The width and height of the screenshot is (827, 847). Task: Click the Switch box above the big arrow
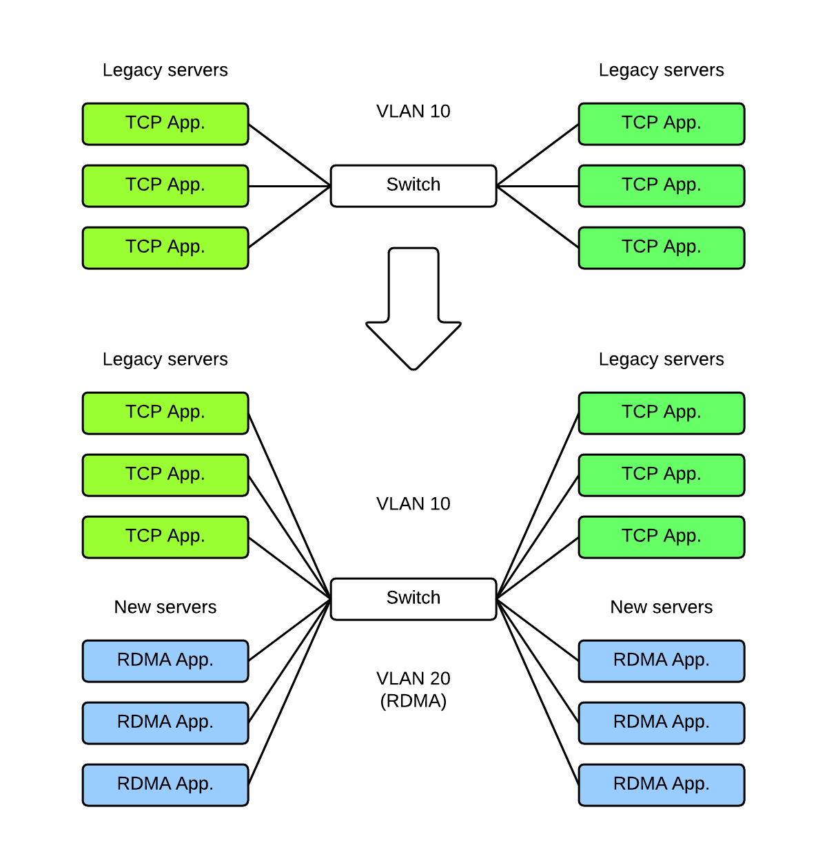tap(413, 185)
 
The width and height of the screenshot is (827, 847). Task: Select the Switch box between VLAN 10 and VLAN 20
tap(413, 598)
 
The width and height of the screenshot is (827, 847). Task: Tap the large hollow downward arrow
tap(413, 310)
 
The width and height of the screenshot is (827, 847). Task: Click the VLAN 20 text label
tap(413, 678)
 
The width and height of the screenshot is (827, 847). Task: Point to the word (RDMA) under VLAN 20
tap(413, 701)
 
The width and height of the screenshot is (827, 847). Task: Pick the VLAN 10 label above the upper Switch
tap(413, 112)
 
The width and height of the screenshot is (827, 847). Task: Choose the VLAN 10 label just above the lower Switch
tap(413, 504)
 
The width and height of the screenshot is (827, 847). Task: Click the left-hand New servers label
tap(165, 607)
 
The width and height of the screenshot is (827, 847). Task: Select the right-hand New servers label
tap(662, 607)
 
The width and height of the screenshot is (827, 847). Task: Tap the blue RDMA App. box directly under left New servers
tap(165, 660)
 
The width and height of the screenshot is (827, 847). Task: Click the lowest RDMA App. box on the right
tap(662, 784)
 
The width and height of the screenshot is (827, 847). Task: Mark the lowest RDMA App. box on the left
tap(165, 784)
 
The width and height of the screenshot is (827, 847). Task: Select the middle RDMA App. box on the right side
tap(662, 722)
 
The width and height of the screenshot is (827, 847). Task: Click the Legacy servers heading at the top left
tap(165, 70)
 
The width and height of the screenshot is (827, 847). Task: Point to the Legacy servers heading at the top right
tap(662, 70)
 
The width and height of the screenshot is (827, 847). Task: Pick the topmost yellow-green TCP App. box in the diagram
tap(165, 124)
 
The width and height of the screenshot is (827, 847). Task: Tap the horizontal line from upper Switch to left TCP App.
tap(289, 186)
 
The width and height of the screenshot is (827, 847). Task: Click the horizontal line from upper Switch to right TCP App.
tap(538, 186)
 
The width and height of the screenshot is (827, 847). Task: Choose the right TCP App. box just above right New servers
tap(662, 536)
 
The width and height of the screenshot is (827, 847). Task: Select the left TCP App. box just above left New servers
tap(165, 536)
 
